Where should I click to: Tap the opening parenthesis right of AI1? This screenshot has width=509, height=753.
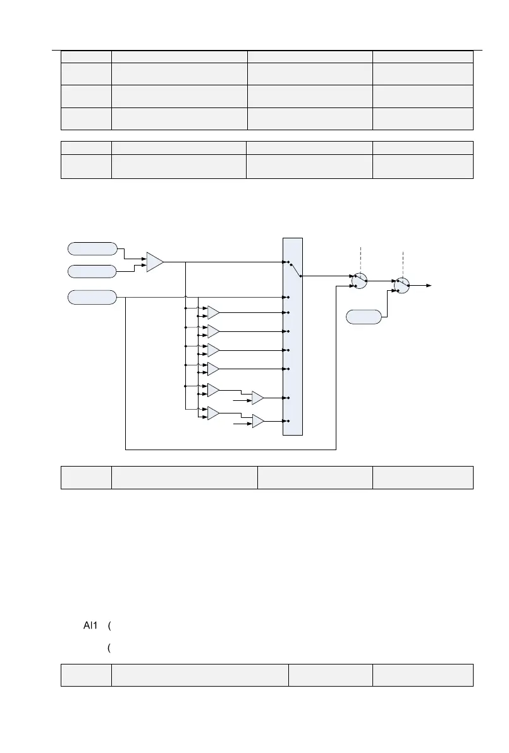click(x=110, y=626)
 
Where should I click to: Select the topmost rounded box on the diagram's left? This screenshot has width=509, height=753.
click(x=92, y=248)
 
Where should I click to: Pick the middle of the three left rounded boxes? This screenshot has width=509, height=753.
click(x=92, y=271)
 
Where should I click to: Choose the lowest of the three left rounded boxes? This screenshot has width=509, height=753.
click(x=92, y=297)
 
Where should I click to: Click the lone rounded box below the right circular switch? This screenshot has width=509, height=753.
click(x=364, y=317)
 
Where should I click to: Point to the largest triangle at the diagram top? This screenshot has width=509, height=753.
click(x=154, y=262)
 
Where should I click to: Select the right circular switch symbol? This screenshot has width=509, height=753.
click(x=401, y=286)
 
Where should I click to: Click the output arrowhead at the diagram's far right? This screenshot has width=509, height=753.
click(x=429, y=286)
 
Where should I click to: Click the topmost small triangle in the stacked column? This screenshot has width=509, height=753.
click(x=214, y=312)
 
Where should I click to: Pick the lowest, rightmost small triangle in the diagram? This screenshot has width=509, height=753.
click(x=258, y=421)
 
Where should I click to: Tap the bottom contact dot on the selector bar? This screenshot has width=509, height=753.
click(x=288, y=421)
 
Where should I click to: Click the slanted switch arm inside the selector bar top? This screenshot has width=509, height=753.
click(x=295, y=269)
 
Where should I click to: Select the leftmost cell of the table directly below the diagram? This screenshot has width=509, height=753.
click(x=86, y=477)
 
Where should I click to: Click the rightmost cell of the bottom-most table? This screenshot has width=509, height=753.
click(x=423, y=675)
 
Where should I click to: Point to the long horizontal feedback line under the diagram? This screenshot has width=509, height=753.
click(x=231, y=450)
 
